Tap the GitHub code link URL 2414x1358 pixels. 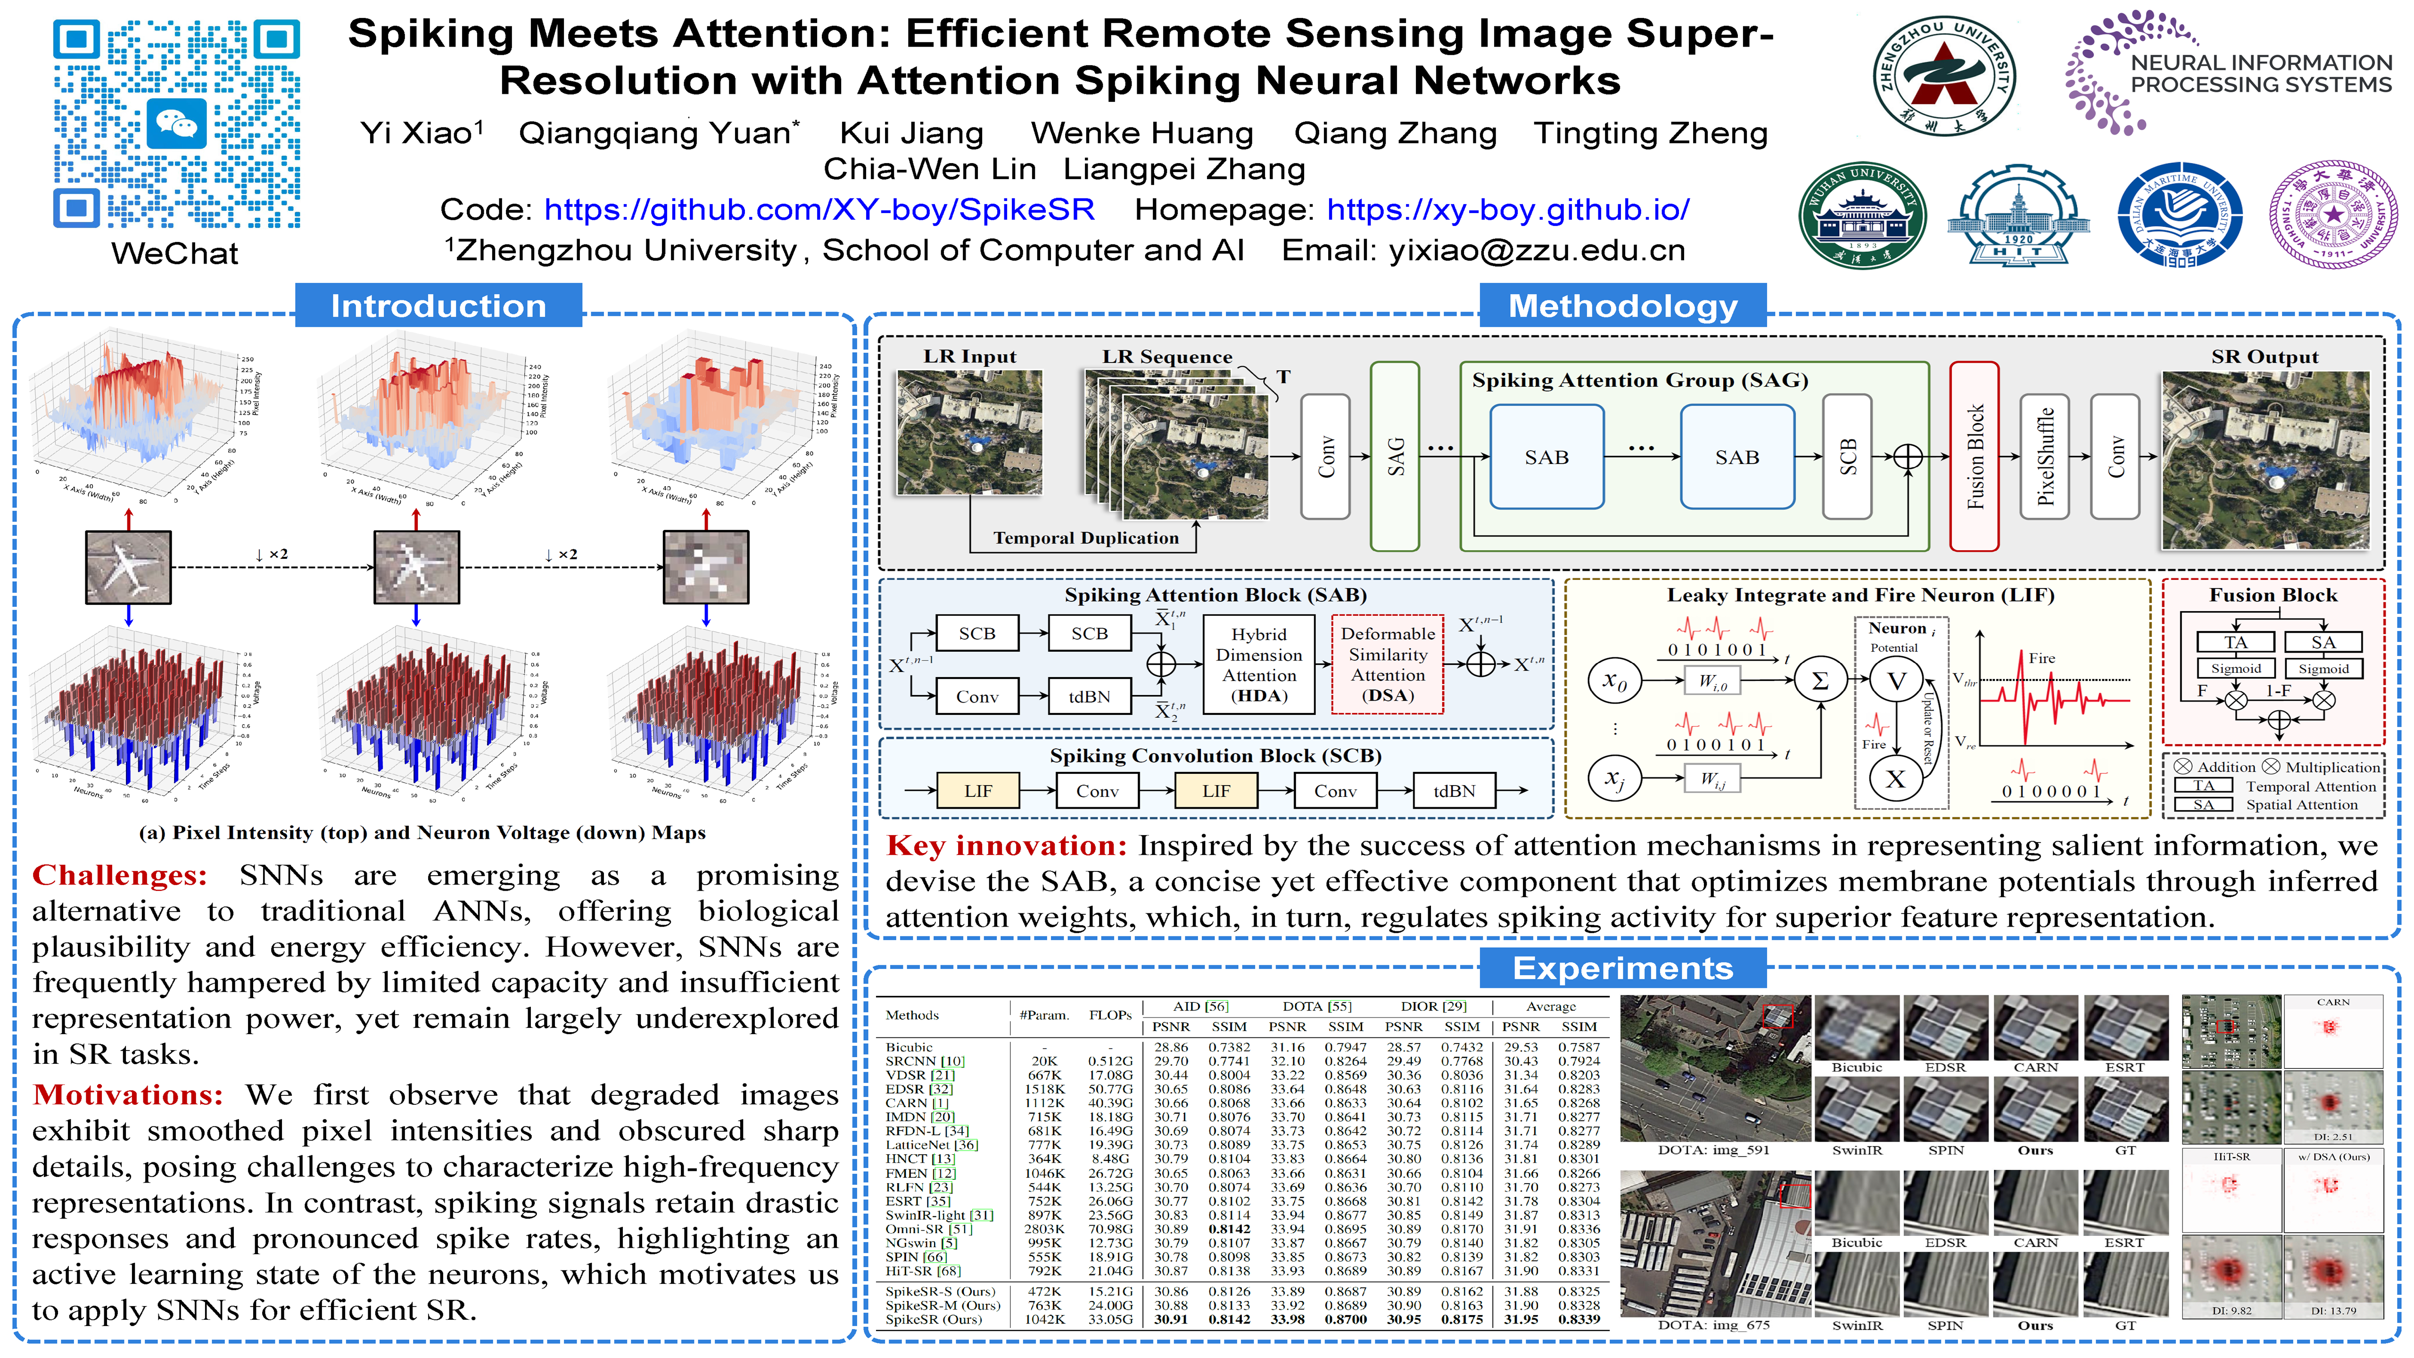coord(819,209)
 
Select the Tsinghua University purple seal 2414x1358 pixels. coord(2332,215)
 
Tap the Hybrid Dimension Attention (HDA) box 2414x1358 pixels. coord(1258,664)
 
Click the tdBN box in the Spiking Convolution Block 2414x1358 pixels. coord(1454,791)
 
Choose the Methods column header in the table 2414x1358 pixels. coord(912,1015)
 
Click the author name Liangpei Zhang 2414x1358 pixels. coord(1183,170)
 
